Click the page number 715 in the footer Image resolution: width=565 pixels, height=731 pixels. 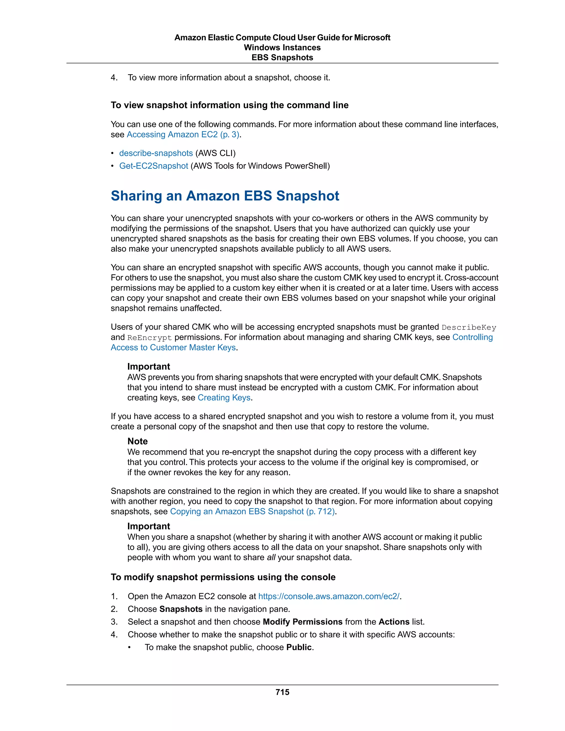pyautogui.click(x=282, y=692)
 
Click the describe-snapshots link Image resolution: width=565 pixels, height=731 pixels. pyautogui.click(x=156, y=153)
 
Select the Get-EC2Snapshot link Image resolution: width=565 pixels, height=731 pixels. pyautogui.click(x=154, y=166)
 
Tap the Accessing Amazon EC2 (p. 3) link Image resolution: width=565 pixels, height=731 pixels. pyautogui.click(x=183, y=135)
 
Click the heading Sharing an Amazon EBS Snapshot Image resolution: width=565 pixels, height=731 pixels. pyautogui.click(x=225, y=196)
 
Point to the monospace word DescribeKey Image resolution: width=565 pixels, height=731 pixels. pyautogui.click(x=469, y=328)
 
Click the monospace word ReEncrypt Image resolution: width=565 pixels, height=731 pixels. pyautogui.click(x=149, y=338)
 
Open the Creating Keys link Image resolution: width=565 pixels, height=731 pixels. pyautogui.click(x=224, y=397)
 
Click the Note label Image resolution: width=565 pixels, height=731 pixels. pyautogui.click(x=137, y=441)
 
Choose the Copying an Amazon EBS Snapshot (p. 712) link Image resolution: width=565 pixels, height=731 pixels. pyautogui.click(x=252, y=511)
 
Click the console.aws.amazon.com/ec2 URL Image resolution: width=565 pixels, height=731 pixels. pyautogui.click(x=329, y=596)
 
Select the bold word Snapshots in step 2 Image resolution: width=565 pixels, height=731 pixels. pyautogui.click(x=181, y=609)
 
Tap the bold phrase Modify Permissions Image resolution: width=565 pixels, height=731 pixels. pyautogui.click(x=302, y=622)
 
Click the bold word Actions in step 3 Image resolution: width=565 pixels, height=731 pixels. pyautogui.click(x=394, y=622)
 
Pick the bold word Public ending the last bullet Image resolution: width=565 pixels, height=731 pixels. pyautogui.click(x=299, y=647)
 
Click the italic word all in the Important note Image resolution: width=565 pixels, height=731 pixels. pyautogui.click(x=271, y=557)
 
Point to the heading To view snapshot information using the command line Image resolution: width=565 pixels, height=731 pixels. pyautogui.click(x=230, y=105)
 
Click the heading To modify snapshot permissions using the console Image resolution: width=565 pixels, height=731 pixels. pyautogui.click(x=223, y=577)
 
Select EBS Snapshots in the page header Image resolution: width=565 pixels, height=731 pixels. pyautogui.click(x=282, y=58)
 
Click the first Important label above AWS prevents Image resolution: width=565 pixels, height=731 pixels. pyautogui.click(x=149, y=367)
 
